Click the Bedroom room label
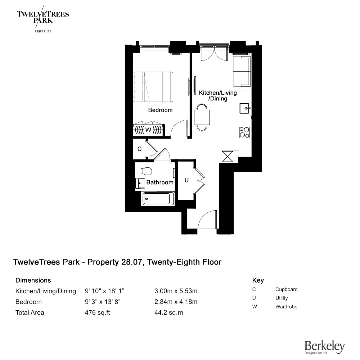[x=160, y=110]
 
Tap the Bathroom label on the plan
[x=160, y=183]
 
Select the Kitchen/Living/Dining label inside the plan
[x=218, y=96]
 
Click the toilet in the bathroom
[x=147, y=171]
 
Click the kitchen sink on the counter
[x=245, y=108]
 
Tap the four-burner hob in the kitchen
[x=244, y=132]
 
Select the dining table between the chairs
[x=202, y=117]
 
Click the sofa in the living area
[x=242, y=72]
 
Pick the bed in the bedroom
[x=153, y=87]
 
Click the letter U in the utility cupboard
[x=186, y=180]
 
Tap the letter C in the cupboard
[x=139, y=149]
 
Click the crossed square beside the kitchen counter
[x=227, y=157]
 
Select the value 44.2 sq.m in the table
[x=169, y=313]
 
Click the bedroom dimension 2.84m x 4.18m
[x=176, y=302]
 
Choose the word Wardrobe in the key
[x=286, y=307]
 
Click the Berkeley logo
[x=325, y=347]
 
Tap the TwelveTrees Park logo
[x=43, y=19]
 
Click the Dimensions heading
[x=33, y=280]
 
